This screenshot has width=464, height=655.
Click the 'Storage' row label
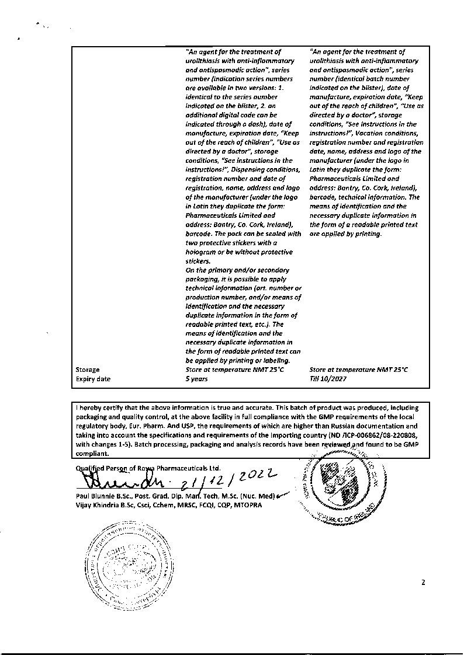[x=88, y=370]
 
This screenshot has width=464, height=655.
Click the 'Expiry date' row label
[x=93, y=379]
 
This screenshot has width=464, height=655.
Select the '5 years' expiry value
[x=196, y=379]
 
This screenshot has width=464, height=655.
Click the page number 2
[x=423, y=582]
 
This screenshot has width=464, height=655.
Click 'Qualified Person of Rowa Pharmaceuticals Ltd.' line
[x=148, y=468]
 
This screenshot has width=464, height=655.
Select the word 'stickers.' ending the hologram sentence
[x=198, y=261]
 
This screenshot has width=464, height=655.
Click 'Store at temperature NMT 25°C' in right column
[x=358, y=370]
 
